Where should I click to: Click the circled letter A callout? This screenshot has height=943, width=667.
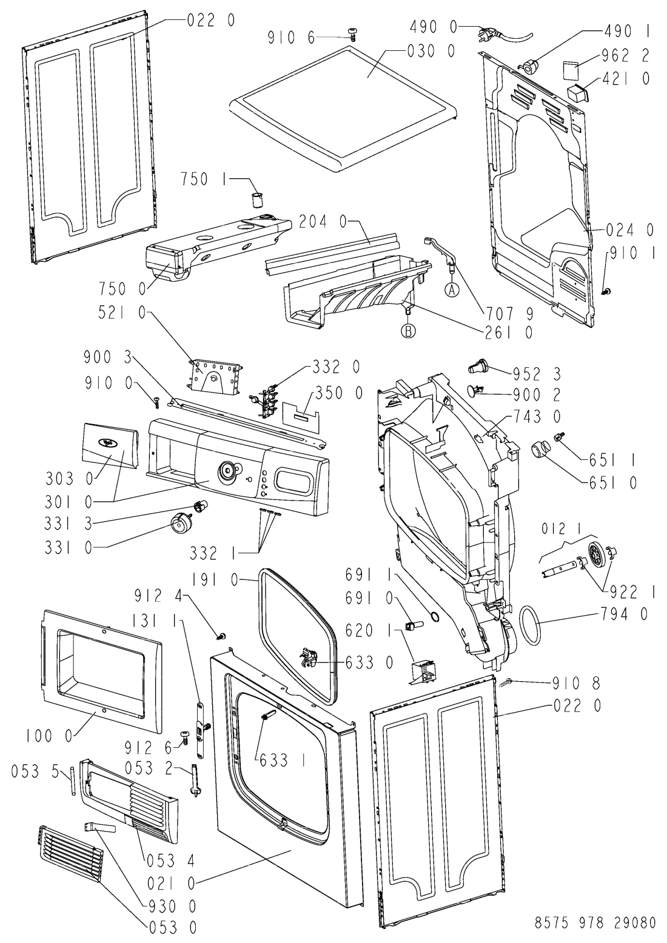pyautogui.click(x=453, y=290)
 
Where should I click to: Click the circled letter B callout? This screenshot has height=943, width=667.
pyautogui.click(x=408, y=332)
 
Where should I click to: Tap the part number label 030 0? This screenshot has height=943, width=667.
pyautogui.click(x=431, y=52)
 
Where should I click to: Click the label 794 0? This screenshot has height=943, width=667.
pyautogui.click(x=623, y=614)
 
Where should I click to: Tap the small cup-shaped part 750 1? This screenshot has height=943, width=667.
pyautogui.click(x=256, y=199)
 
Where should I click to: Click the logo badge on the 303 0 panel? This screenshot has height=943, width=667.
pyautogui.click(x=109, y=443)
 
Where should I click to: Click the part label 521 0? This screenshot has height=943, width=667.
pyautogui.click(x=121, y=312)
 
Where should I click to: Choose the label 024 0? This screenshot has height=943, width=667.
pyautogui.click(x=630, y=230)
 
